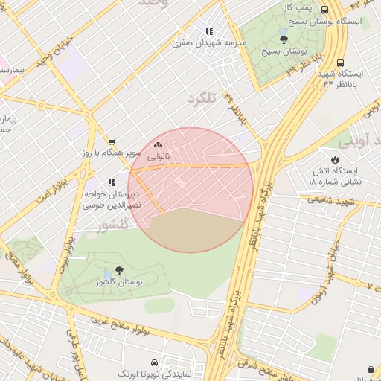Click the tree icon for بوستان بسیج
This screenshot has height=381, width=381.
tap(284, 39)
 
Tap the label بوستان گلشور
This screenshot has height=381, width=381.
tap(119, 283)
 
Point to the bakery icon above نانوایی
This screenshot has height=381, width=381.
tap(158, 145)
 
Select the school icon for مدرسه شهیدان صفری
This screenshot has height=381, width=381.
tap(209, 31)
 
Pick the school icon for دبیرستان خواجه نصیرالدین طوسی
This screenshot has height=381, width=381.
tap(112, 182)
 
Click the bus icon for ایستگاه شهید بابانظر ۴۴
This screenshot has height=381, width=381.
tap(340, 63)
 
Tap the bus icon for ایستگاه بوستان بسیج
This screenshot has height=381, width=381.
tap(325, 10)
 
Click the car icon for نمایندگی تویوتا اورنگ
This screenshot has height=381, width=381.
tap(153, 358)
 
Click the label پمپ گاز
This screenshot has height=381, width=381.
tap(295, 7)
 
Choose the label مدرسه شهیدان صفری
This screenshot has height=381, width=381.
tap(209, 43)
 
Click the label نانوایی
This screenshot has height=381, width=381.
tap(158, 157)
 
